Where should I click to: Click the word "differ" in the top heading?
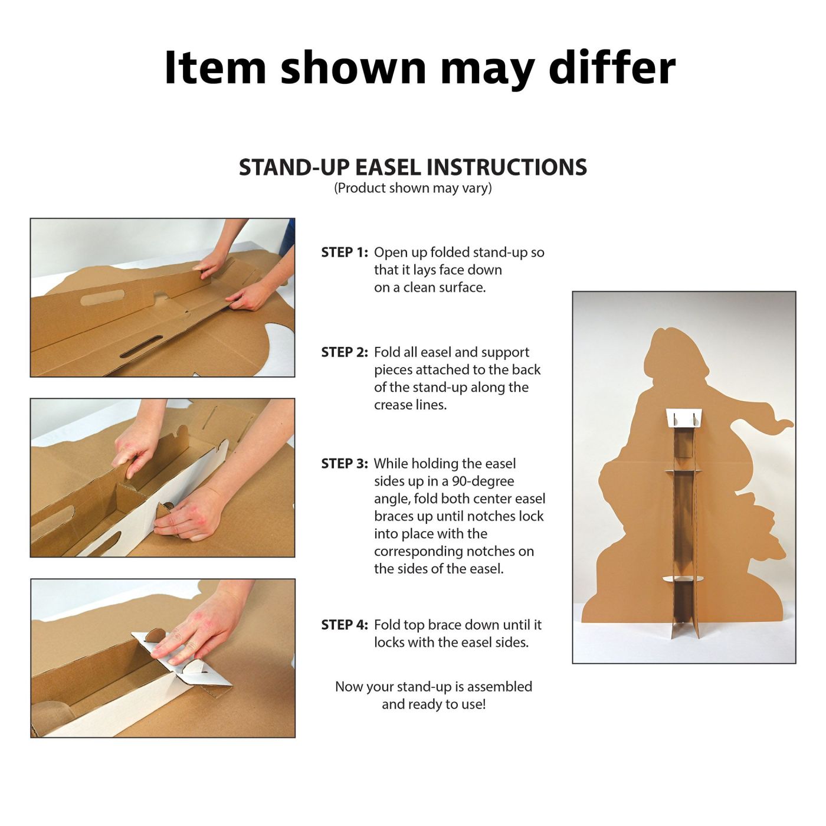tap(612, 67)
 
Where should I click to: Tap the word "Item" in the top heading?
tap(215, 67)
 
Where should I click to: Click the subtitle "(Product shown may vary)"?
tap(413, 188)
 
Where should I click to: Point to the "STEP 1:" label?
tap(345, 253)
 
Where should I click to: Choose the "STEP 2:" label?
tap(345, 352)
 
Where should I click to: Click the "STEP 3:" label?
tap(345, 464)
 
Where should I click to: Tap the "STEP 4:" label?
tap(345, 625)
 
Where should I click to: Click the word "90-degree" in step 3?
tap(483, 482)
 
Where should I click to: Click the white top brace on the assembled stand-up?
tap(684, 418)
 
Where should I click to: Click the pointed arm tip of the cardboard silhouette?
tap(789, 424)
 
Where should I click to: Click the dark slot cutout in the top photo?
tap(142, 347)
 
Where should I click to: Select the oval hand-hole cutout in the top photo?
tap(103, 297)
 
